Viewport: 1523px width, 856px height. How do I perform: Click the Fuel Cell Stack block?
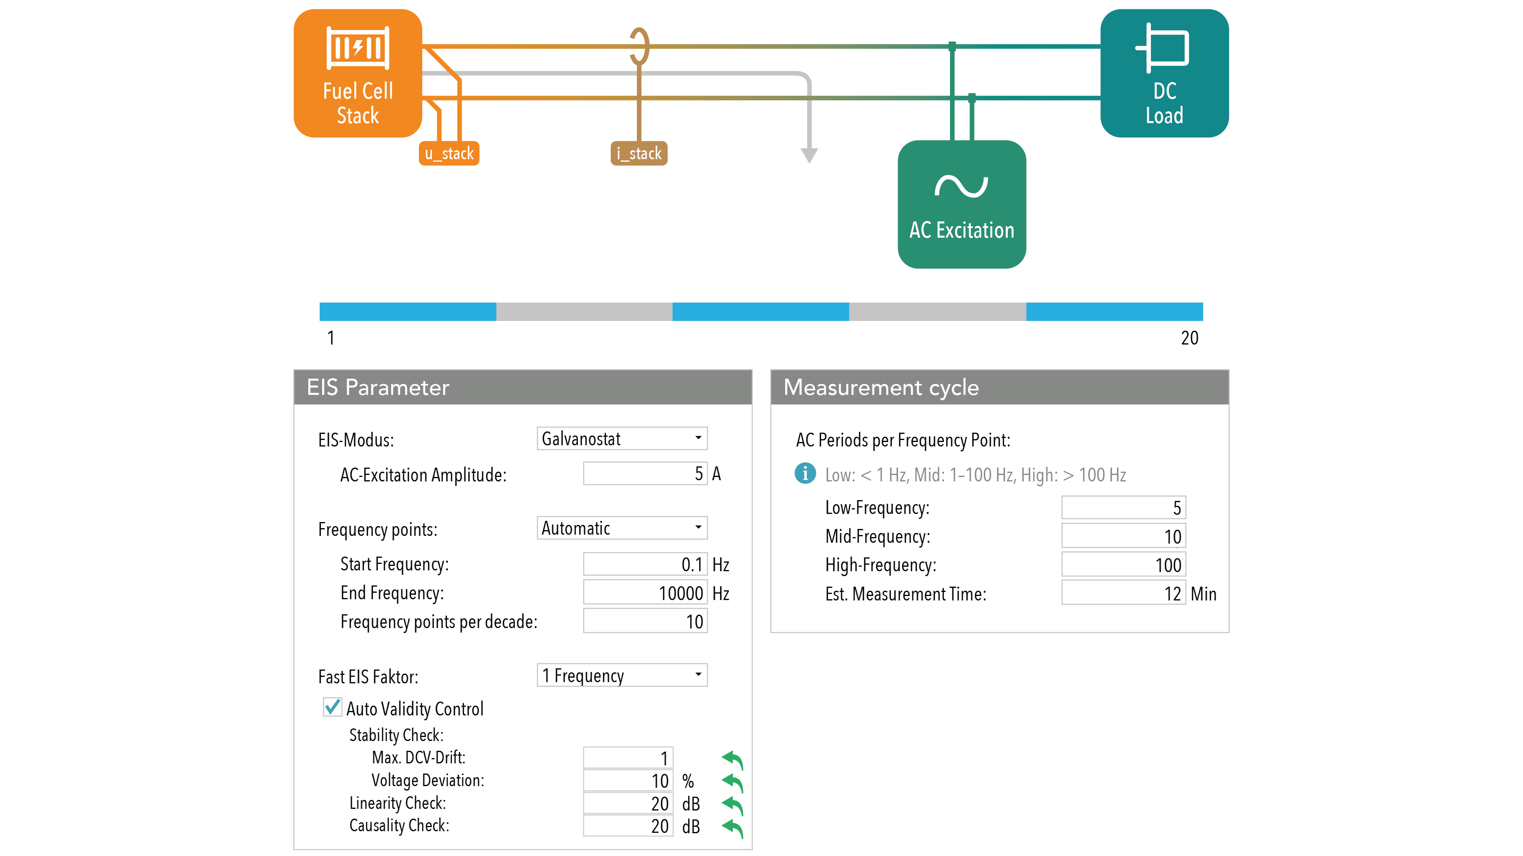pyautogui.click(x=358, y=73)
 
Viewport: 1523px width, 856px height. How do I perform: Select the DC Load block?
pyautogui.click(x=1164, y=73)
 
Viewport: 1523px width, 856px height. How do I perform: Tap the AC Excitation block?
pyautogui.click(x=962, y=204)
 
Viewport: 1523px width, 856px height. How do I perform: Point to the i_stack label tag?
pyautogui.click(x=638, y=154)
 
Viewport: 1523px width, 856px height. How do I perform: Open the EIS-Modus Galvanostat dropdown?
pyautogui.click(x=622, y=438)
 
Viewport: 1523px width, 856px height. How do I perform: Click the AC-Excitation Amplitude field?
pyautogui.click(x=645, y=473)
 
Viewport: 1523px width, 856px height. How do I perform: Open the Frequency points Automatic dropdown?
pyautogui.click(x=622, y=528)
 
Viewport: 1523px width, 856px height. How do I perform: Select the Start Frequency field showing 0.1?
pyautogui.click(x=645, y=564)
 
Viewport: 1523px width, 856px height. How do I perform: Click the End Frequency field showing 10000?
pyautogui.click(x=645, y=592)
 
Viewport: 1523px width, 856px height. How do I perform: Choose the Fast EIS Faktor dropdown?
pyautogui.click(x=622, y=675)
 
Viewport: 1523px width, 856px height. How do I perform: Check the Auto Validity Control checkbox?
pyautogui.click(x=332, y=707)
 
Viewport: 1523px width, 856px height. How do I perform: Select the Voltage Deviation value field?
pyautogui.click(x=628, y=780)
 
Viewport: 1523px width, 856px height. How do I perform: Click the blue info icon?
pyautogui.click(x=805, y=473)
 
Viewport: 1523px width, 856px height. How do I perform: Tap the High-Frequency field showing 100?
pyautogui.click(x=1123, y=564)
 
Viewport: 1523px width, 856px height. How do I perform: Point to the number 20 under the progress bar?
pyautogui.click(x=1190, y=338)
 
